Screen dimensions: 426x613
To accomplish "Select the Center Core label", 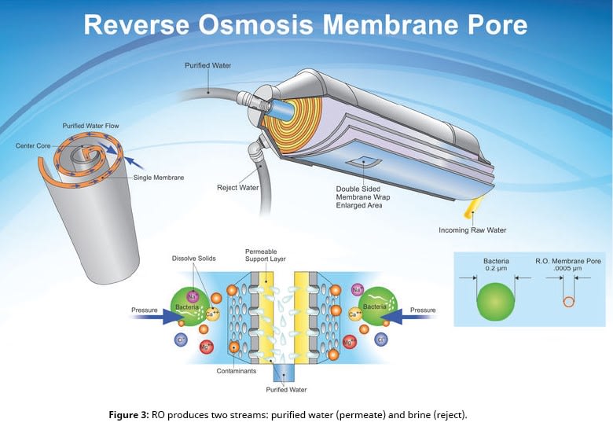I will pos(33,145).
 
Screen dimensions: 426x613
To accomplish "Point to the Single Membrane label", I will pos(157,178).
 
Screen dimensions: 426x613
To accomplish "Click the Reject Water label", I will pos(237,187).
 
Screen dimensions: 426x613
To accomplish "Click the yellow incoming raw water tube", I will pos(474,207).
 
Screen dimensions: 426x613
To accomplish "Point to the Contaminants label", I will pos(239,370).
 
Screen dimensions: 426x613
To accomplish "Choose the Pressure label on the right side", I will pos(422,310).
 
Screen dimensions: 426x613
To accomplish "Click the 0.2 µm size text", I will pos(497,268).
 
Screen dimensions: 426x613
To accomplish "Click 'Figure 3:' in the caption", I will pos(130,414).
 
